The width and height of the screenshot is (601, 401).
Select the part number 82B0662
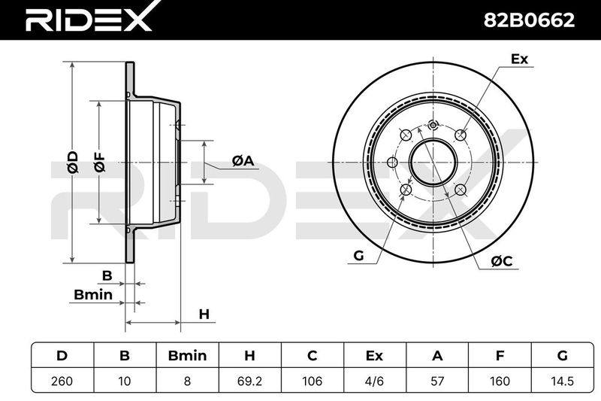pyautogui.click(x=529, y=20)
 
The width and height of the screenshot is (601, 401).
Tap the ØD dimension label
pyautogui.click(x=72, y=163)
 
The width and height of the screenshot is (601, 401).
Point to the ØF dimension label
pyautogui.click(x=99, y=163)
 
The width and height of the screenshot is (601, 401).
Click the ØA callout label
pyautogui.click(x=243, y=160)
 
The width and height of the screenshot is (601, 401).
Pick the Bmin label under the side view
pyautogui.click(x=93, y=295)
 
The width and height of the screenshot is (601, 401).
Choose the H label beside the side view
pyautogui.click(x=204, y=314)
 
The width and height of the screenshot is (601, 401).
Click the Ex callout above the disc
pyautogui.click(x=519, y=59)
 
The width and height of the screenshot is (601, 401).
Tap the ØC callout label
pyautogui.click(x=502, y=261)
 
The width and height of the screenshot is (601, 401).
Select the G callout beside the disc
pyautogui.click(x=358, y=256)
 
